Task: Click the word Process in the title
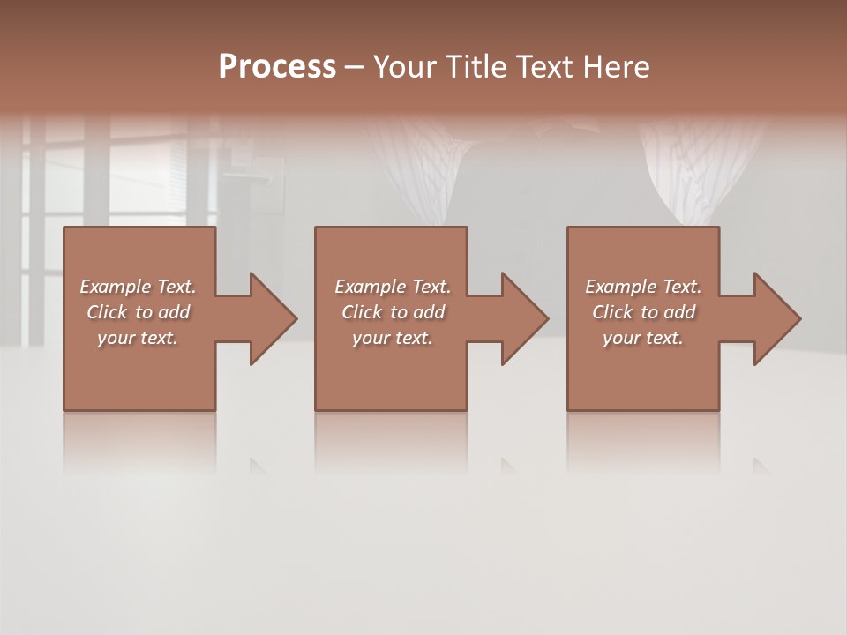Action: click(277, 67)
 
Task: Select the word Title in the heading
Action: click(476, 67)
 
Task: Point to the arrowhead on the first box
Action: click(270, 318)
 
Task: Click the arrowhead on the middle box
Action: click(522, 318)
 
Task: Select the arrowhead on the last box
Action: click(775, 318)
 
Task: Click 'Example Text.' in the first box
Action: click(138, 287)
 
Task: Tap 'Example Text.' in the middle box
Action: click(393, 287)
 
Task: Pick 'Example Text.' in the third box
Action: click(643, 287)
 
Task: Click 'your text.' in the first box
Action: click(138, 338)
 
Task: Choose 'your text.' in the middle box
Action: click(393, 338)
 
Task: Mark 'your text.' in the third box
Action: click(643, 338)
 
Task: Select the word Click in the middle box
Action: click(362, 312)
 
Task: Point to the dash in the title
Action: click(355, 68)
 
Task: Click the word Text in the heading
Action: click(543, 67)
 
